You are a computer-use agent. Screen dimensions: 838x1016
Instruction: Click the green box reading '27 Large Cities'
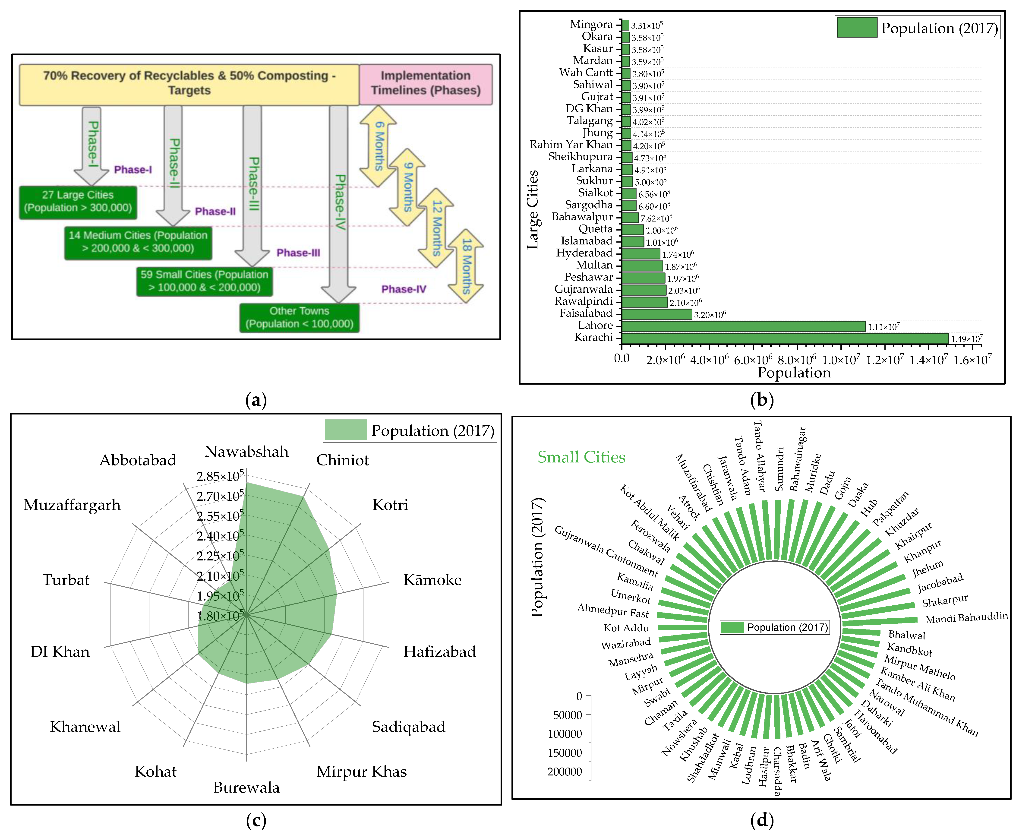(78, 202)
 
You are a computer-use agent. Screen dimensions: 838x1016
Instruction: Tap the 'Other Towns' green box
(299, 318)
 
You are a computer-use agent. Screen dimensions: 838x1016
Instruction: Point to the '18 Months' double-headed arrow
(466, 266)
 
